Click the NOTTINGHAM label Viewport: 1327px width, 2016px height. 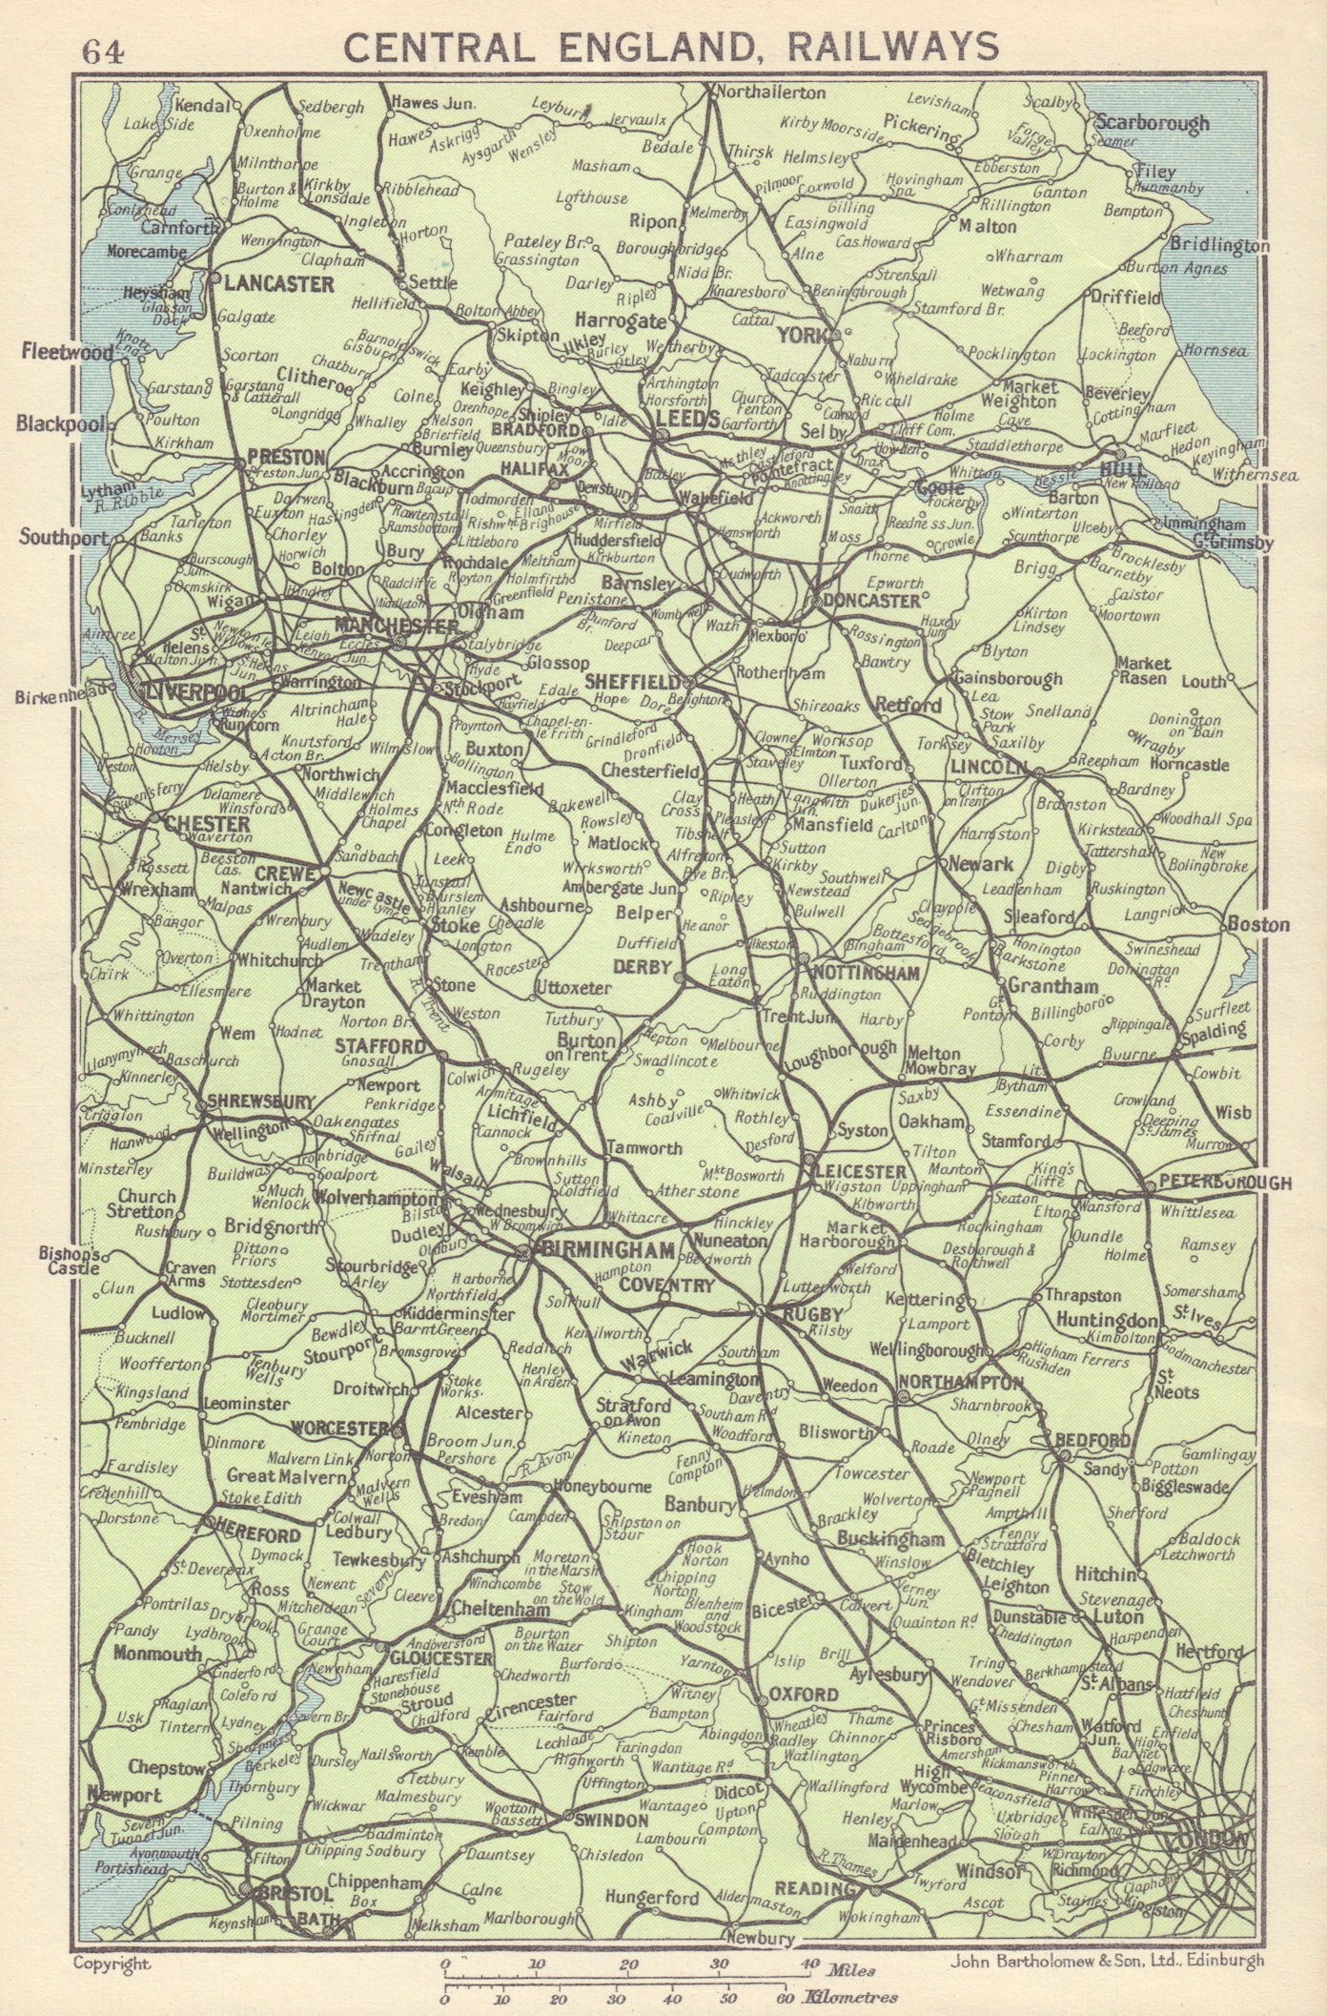click(x=868, y=973)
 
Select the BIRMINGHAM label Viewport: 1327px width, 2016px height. click(x=606, y=1249)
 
